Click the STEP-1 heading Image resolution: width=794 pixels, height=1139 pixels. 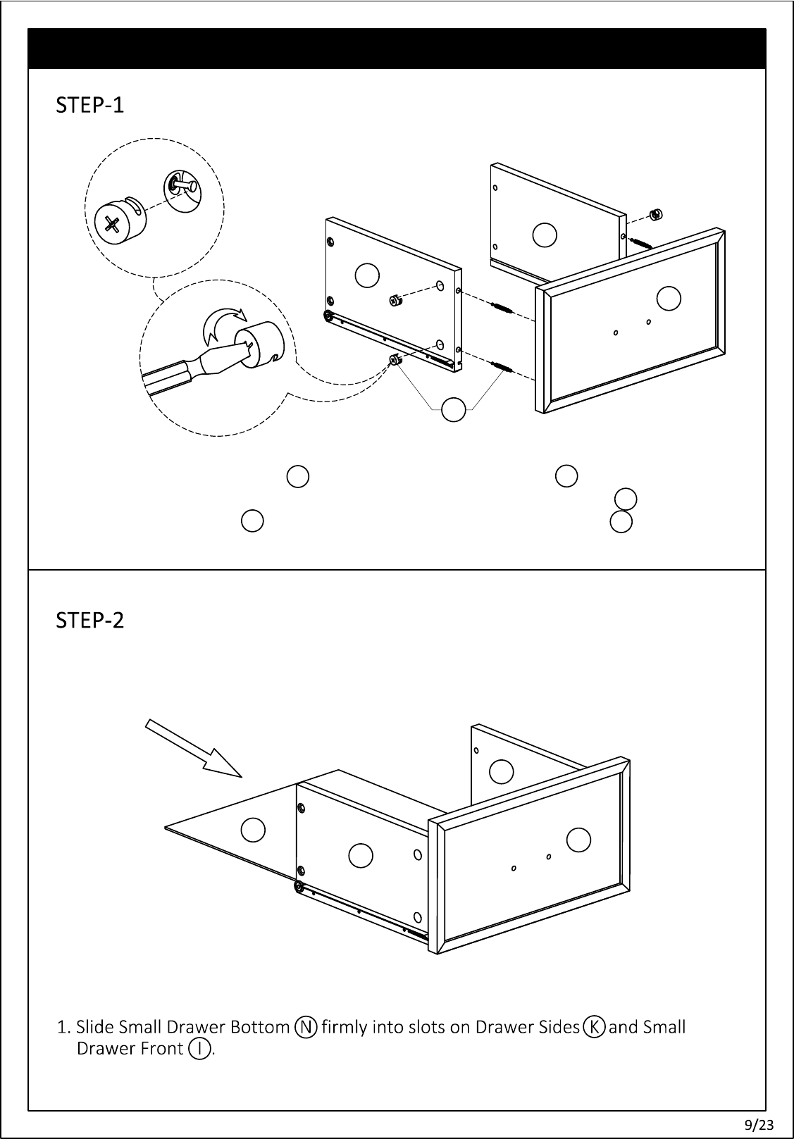(90, 106)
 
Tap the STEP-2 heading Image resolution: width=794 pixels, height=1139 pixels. (90, 621)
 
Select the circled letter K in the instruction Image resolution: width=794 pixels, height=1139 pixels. (594, 1027)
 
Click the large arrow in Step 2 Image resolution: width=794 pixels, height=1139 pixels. (193, 747)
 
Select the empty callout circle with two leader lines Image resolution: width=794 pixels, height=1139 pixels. (454, 409)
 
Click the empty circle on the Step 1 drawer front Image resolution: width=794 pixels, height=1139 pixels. (669, 299)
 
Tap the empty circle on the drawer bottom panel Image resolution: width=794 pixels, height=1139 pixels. (253, 829)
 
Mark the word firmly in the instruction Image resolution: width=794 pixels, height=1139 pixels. (345, 1027)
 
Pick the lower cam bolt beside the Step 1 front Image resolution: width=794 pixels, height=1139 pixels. (501, 366)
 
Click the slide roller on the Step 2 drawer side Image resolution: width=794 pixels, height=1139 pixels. (299, 887)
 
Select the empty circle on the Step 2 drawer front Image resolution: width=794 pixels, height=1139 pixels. (578, 839)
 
